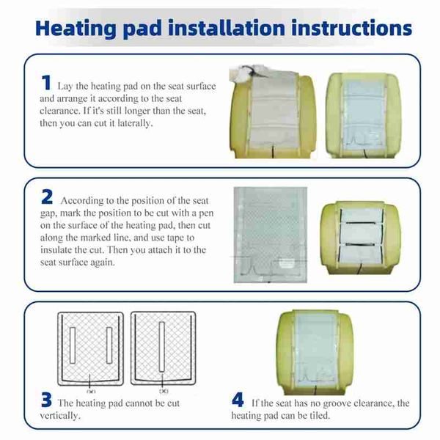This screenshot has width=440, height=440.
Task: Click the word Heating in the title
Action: point(76,29)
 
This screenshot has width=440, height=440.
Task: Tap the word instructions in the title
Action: point(351,28)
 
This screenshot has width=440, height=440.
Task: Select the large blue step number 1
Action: point(46,82)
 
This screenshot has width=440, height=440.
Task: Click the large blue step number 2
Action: point(47,197)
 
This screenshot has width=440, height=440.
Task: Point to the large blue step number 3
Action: point(46,400)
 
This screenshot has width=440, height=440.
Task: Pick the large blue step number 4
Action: point(238,400)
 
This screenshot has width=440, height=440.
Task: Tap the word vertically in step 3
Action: point(60,415)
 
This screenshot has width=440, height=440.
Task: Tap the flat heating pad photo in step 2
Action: point(270,235)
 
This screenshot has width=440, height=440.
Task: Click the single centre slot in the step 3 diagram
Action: point(162,347)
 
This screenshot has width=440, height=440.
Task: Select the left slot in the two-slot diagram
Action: point(73,345)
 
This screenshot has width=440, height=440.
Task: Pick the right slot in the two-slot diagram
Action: point(109,345)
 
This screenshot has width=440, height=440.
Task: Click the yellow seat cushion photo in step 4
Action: point(315,352)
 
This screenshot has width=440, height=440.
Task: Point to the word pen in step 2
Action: point(206,214)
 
